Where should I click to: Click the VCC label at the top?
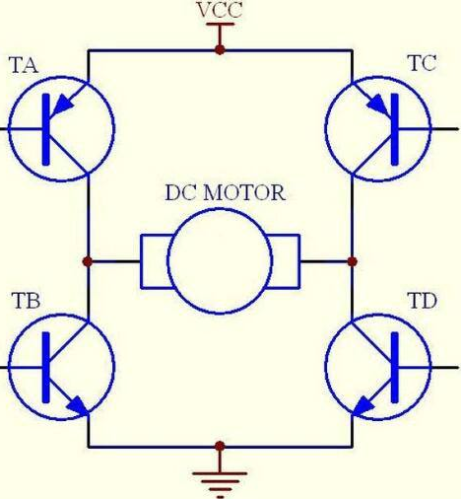click(x=220, y=10)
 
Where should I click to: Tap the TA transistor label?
click(x=24, y=65)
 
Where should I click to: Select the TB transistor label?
click(x=26, y=301)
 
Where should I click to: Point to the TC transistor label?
click(x=423, y=63)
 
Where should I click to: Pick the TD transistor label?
click(x=423, y=301)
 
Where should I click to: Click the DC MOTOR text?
click(x=225, y=192)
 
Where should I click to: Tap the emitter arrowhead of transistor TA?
click(x=62, y=106)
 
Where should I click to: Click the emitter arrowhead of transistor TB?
click(x=78, y=405)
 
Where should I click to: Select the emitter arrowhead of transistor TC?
click(x=378, y=104)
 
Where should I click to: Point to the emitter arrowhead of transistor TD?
click(x=363, y=407)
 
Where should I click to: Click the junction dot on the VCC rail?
click(x=220, y=50)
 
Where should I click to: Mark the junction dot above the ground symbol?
click(x=220, y=446)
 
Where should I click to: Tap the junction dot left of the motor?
click(x=88, y=261)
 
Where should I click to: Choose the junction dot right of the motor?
click(x=353, y=261)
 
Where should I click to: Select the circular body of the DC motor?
click(x=220, y=209)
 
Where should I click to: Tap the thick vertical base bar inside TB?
click(x=46, y=367)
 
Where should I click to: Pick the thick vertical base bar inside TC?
click(x=395, y=129)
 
